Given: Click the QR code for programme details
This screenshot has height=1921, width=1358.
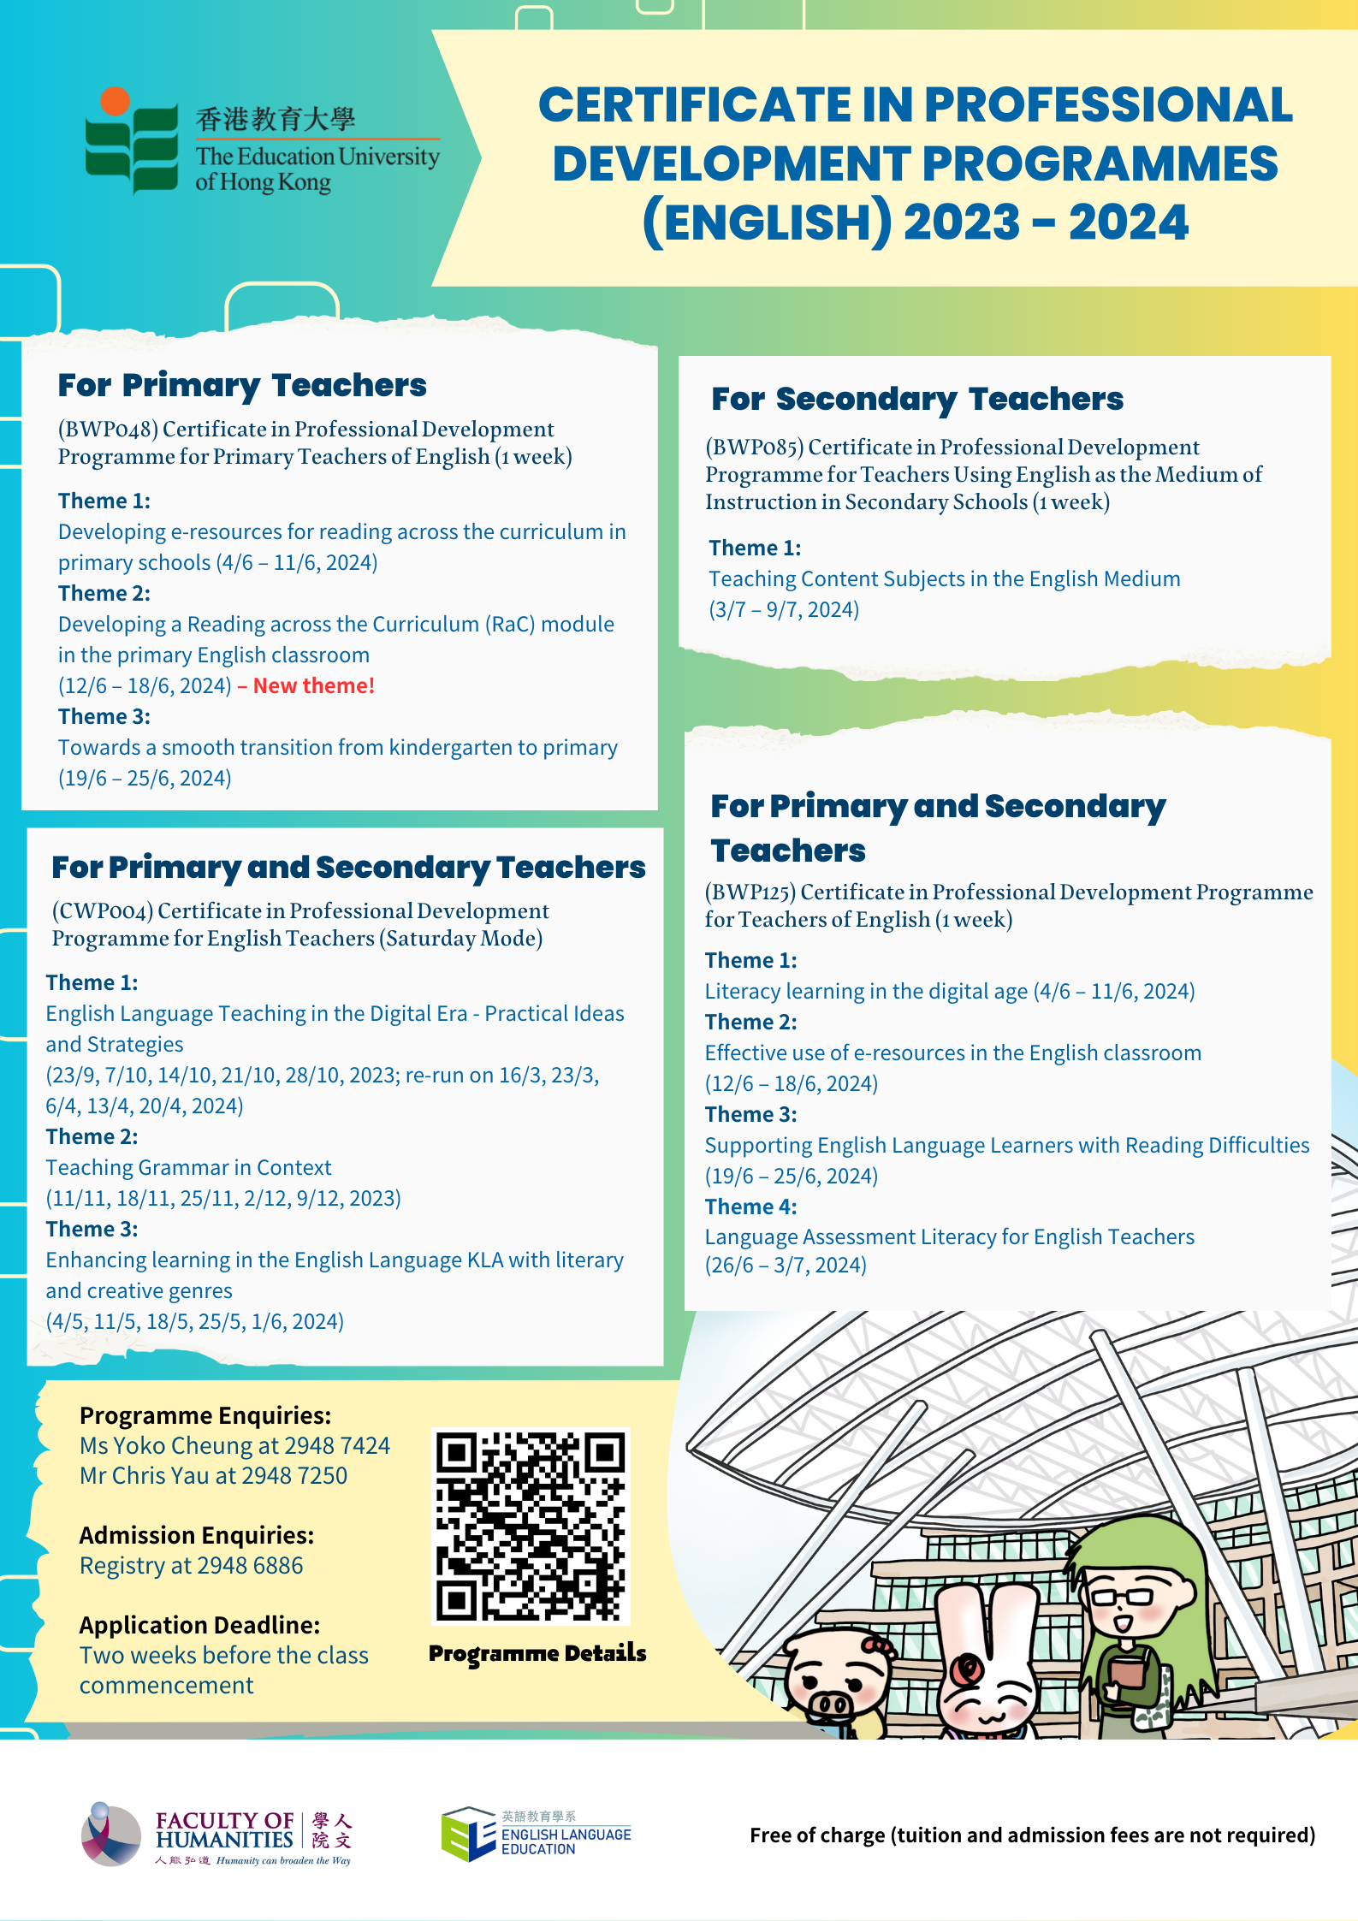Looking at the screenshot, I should (x=531, y=1526).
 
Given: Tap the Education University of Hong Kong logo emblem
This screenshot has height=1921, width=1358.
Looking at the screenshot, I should (x=131, y=142).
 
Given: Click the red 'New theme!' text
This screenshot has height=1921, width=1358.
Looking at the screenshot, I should (x=313, y=685).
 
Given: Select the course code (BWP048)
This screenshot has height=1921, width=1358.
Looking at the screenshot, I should (x=108, y=429).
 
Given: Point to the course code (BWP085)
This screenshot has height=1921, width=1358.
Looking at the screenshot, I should (x=755, y=447).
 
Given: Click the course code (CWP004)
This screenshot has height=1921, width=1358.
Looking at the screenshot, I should (x=103, y=910).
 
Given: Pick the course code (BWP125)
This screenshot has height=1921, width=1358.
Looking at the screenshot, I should (x=750, y=892).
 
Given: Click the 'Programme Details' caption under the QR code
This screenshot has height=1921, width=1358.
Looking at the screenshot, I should (x=537, y=1653).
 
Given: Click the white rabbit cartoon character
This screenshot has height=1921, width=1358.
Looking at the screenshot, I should (x=989, y=1664).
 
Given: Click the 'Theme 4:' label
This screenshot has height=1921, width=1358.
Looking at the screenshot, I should (x=750, y=1207).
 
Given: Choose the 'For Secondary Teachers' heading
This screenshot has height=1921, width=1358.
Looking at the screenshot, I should (x=917, y=399).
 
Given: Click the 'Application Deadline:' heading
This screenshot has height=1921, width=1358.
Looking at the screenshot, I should (x=199, y=1625).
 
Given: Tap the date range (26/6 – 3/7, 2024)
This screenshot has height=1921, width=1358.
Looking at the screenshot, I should (x=786, y=1265).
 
